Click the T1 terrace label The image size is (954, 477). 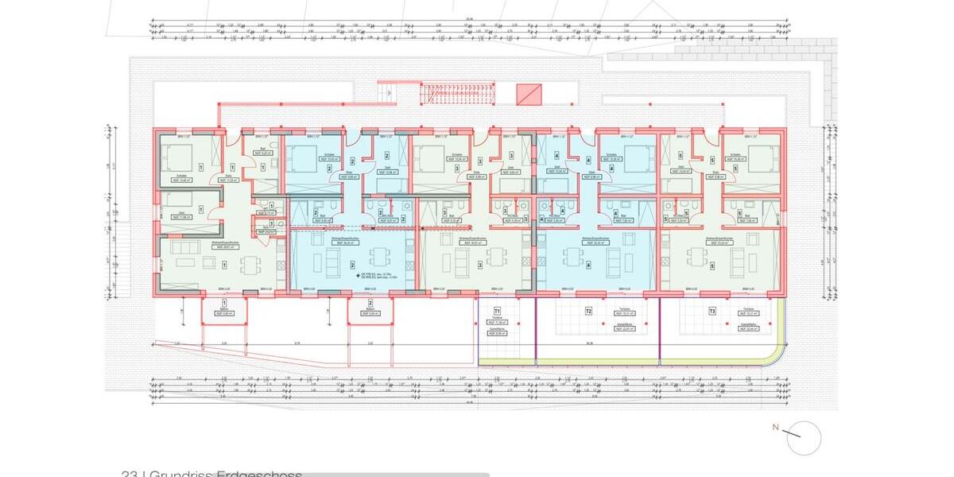[x=498, y=311]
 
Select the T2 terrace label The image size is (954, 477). [x=589, y=311]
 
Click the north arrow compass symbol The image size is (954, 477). [x=804, y=436]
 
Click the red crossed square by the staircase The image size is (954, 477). [x=528, y=95]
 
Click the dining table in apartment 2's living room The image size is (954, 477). [x=378, y=256]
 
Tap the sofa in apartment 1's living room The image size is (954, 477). [x=184, y=262]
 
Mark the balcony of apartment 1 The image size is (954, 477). [x=224, y=310]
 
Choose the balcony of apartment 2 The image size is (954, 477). [x=370, y=310]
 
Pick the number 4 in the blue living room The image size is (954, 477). [x=588, y=266]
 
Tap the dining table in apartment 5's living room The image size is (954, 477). [x=697, y=256]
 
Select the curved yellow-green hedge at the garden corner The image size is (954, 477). [x=775, y=350]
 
